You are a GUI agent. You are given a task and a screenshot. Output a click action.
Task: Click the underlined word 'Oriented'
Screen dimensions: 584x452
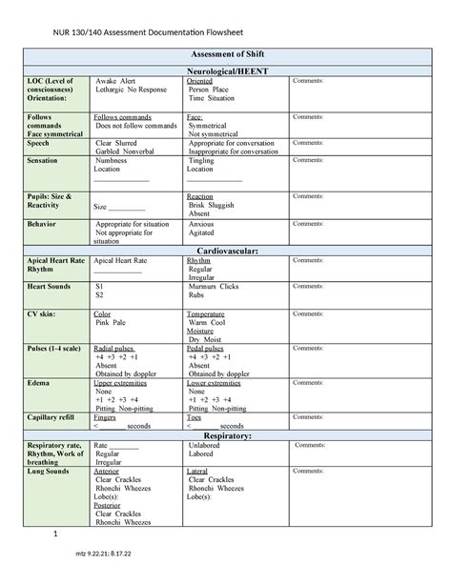[201, 82]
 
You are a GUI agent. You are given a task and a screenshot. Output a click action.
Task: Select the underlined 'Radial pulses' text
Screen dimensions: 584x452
[115, 348]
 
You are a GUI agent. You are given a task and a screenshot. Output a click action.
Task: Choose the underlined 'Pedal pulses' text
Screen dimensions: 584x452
[208, 348]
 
